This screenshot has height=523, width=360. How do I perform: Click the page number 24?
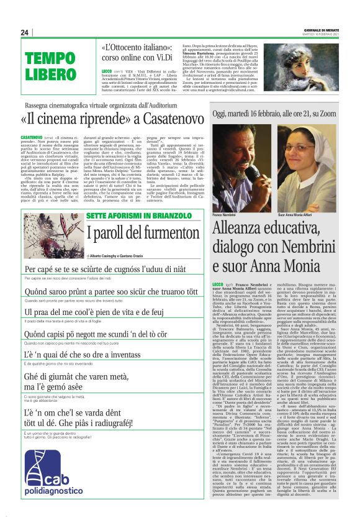25,32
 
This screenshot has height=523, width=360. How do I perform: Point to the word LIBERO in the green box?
50,75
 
